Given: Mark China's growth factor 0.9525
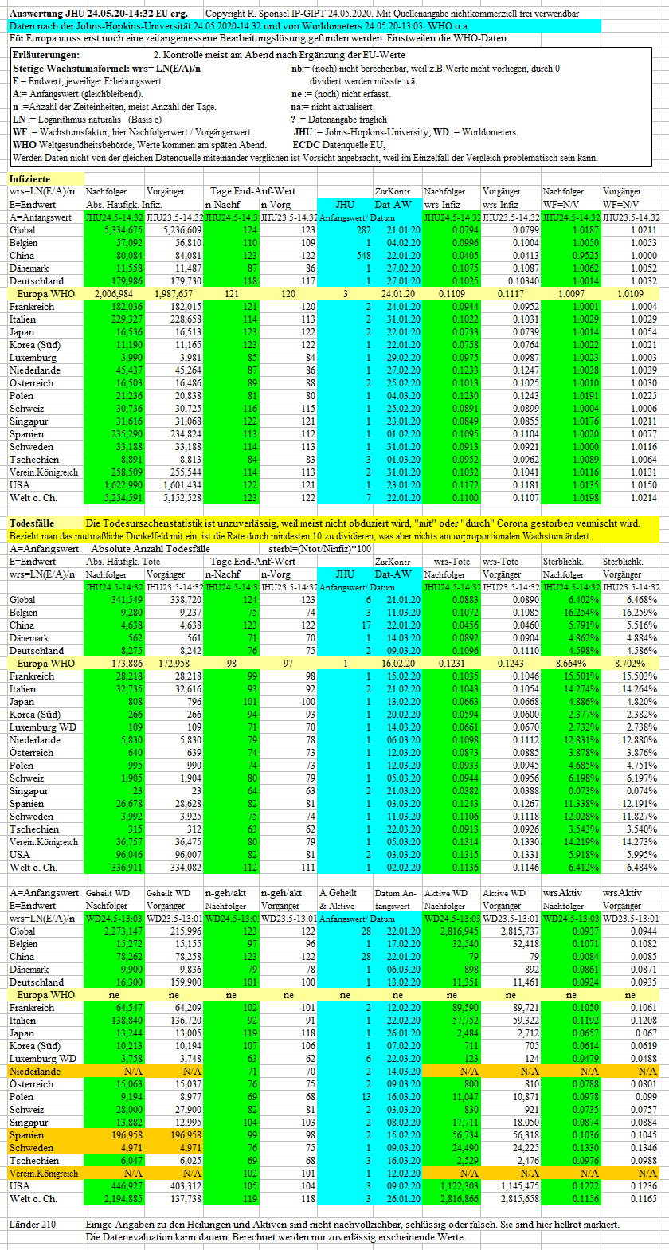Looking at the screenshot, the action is pos(585,256).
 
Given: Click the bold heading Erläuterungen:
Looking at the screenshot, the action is pos(45,55).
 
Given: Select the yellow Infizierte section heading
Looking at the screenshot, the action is pos(29,179).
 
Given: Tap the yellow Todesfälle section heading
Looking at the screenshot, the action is pos(32,523).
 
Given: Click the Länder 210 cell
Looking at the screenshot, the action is pos(33,1225).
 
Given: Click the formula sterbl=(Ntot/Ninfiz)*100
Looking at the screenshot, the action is pos(319,549).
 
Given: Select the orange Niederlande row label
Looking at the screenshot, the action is pos(34,1072).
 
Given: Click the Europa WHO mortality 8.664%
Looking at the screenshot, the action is pos(571,664).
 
